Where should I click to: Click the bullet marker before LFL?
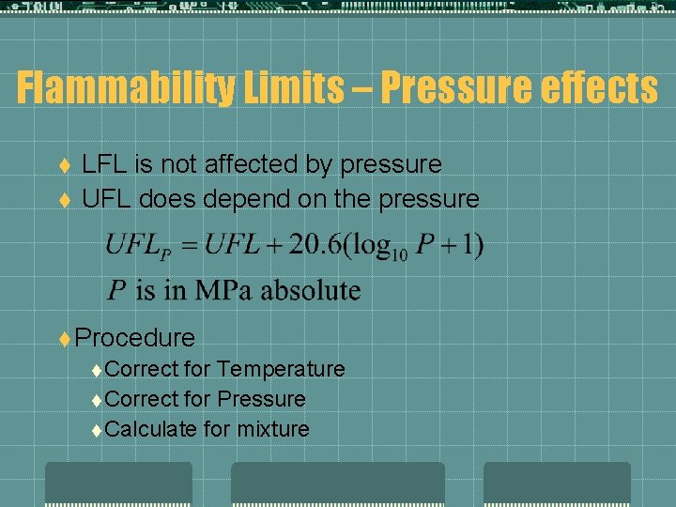(65, 165)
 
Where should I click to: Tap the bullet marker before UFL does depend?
(65, 200)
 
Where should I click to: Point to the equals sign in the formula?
(191, 247)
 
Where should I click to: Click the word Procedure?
(135, 337)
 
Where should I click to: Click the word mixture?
(273, 429)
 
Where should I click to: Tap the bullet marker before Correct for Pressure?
(99, 400)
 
